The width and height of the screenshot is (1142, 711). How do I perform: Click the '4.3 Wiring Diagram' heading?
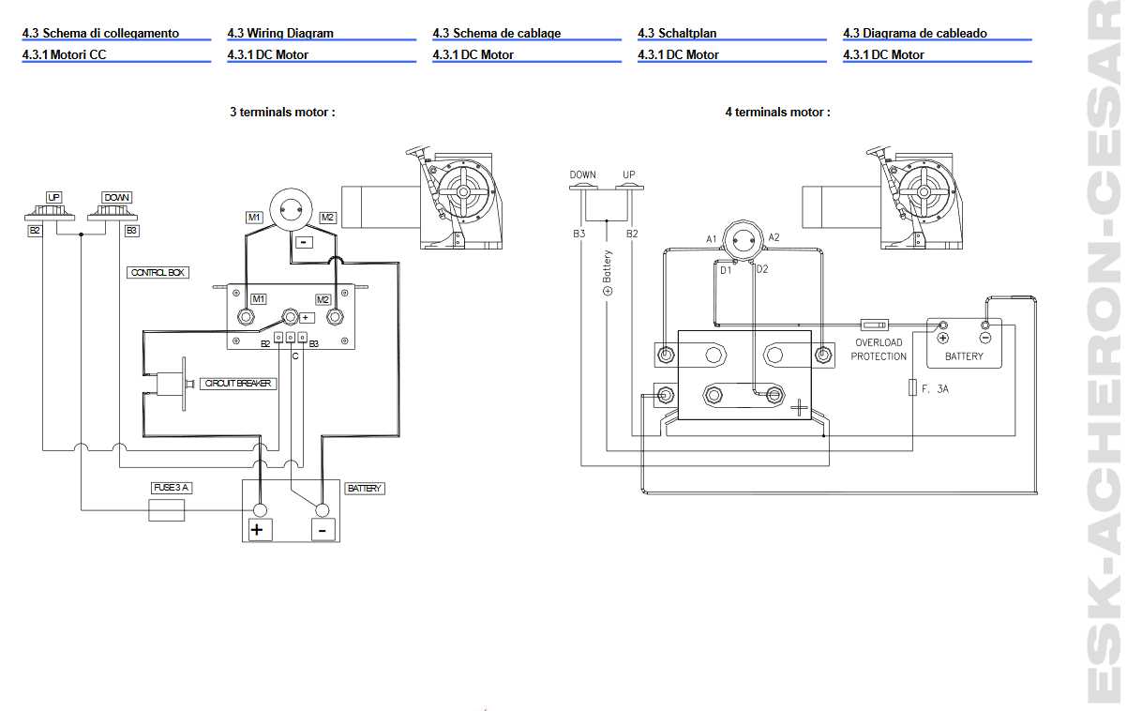pos(280,33)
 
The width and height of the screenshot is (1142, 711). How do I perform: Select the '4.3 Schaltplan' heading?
pos(677,33)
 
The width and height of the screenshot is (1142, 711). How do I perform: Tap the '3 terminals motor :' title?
pos(282,112)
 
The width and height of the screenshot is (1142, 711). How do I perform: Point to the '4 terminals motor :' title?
pos(777,112)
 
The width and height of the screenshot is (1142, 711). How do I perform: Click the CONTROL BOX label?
pos(158,272)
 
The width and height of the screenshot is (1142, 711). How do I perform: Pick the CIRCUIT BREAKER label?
pos(239,384)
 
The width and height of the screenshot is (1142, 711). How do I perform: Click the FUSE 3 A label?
pos(172,488)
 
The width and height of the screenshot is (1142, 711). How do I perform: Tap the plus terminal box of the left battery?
pos(259,530)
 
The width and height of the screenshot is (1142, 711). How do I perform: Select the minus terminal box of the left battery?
pos(323,530)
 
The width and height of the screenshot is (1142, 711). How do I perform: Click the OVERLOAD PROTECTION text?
pos(879,350)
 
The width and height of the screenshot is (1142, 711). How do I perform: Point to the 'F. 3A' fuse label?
pos(935,387)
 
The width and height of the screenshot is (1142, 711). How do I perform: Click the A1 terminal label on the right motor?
pos(712,239)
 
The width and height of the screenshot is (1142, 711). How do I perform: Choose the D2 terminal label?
pos(762,269)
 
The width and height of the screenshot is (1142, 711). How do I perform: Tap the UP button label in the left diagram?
pos(54,197)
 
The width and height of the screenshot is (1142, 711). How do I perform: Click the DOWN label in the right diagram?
pos(582,174)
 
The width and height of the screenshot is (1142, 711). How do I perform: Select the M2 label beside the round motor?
pos(327,218)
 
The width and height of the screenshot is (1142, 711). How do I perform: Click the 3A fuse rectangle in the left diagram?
pos(167,510)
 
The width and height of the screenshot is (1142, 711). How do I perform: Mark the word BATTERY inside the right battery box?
pos(964,356)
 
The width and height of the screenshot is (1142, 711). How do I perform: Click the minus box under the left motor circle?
pos(304,242)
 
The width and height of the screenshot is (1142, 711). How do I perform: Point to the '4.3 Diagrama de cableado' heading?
pos(914,33)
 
